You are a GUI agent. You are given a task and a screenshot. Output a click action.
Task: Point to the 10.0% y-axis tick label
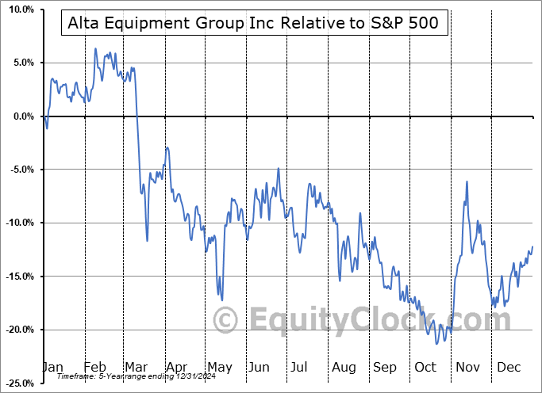pyautogui.click(x=18, y=10)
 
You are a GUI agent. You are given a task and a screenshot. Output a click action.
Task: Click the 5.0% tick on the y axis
pyautogui.click(x=21, y=63)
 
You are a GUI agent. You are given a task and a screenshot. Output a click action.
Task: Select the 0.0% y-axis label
pyautogui.click(x=21, y=116)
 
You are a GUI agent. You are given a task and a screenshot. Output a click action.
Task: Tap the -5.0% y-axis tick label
pyautogui.click(x=19, y=170)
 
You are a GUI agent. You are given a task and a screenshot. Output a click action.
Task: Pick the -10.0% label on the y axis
pyautogui.click(x=17, y=223)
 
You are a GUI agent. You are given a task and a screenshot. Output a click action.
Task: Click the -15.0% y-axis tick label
pyautogui.click(x=17, y=277)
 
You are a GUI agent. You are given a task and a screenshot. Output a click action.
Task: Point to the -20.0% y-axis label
pyautogui.click(x=17, y=330)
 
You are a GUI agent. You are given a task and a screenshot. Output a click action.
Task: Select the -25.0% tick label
pyautogui.click(x=17, y=383)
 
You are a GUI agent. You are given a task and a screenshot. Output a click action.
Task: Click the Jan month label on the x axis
pyautogui.click(x=52, y=367)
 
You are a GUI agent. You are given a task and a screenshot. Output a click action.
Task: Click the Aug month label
pyautogui.click(x=344, y=367)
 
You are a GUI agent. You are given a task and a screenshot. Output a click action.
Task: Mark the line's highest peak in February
pyautogui.click(x=95, y=49)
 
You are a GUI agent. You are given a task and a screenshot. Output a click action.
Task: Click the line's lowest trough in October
pyautogui.click(x=436, y=343)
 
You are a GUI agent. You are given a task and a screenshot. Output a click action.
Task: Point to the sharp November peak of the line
pyautogui.click(x=467, y=181)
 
